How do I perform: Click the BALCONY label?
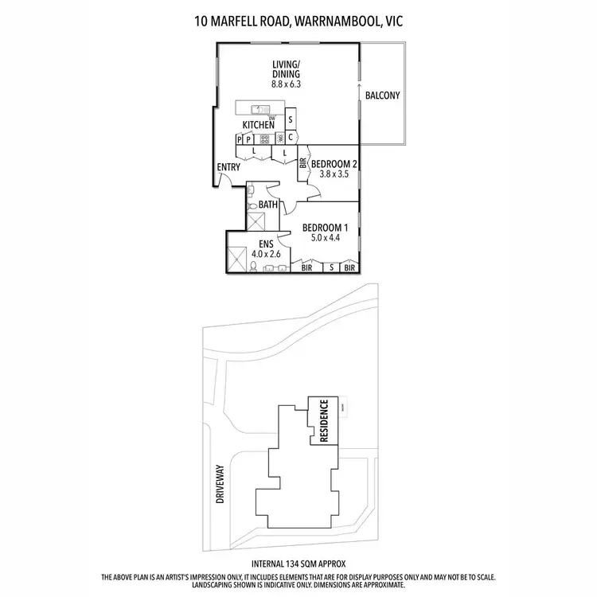382,96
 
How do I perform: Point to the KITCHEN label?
259,125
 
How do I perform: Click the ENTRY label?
228,167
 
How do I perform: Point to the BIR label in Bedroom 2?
303,166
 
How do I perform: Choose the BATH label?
268,205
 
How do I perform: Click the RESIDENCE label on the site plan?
323,419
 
